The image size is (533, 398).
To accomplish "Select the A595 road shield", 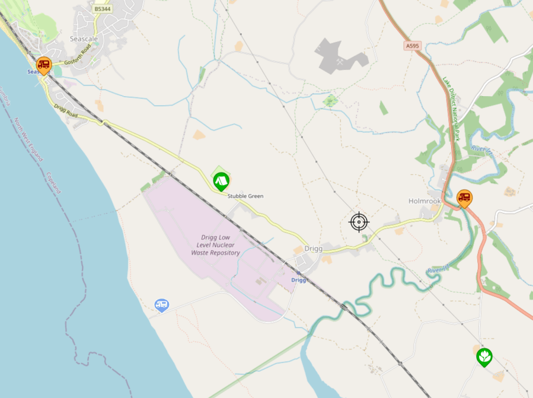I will click(412, 45).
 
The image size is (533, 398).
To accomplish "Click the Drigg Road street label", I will click(66, 111).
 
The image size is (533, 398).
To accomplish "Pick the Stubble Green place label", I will click(245, 196).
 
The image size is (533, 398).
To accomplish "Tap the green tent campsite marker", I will click(221, 180).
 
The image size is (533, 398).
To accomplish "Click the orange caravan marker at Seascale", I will click(44, 65).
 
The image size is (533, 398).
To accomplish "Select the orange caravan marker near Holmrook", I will click(465, 197).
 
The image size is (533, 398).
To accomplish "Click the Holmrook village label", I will click(425, 201).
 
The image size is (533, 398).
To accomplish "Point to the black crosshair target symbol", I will click(359, 222).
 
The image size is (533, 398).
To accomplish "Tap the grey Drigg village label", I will click(312, 249).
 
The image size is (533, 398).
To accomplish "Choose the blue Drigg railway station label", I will click(299, 279).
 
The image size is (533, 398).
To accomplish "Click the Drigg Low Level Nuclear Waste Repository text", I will click(215, 245).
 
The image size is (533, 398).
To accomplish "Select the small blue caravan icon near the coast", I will click(161, 305).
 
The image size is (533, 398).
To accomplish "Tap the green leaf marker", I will click(484, 356).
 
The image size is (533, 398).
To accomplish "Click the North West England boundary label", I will click(28, 139).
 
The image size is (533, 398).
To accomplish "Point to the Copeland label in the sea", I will click(54, 183).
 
